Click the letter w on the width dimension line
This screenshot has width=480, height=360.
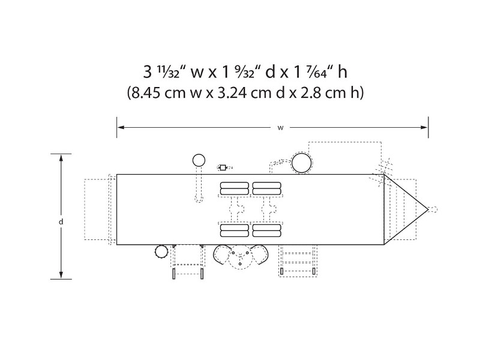point(280,128)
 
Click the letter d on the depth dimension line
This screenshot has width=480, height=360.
point(61,221)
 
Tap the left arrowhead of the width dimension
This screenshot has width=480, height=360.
point(121,127)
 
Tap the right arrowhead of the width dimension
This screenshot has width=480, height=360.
point(424,127)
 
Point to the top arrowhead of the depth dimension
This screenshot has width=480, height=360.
point(61,158)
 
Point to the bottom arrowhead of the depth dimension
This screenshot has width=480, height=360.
point(61,275)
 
